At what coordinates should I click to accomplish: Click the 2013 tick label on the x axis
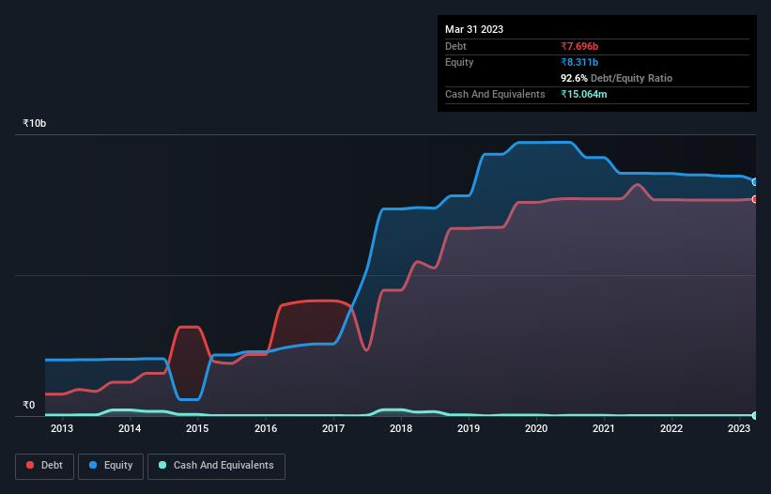tap(62, 429)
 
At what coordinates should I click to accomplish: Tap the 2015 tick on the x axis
tap(197, 429)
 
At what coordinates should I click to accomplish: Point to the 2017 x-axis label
tap(333, 429)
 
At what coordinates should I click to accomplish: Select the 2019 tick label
tap(469, 429)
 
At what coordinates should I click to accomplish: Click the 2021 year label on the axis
tap(604, 429)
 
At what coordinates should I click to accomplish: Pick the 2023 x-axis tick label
tap(739, 429)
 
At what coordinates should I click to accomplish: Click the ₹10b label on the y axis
tap(35, 124)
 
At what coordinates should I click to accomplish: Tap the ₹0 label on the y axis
tap(28, 406)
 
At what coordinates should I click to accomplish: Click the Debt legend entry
tap(45, 466)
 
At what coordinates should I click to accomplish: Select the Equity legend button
tap(112, 466)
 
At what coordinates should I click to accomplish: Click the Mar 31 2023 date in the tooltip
tap(474, 29)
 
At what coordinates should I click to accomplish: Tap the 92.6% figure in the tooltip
tap(575, 78)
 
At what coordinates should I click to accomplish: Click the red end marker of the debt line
tap(754, 199)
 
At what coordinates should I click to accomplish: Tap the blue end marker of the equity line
tap(754, 182)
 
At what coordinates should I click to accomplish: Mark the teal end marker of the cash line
tap(754, 415)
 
